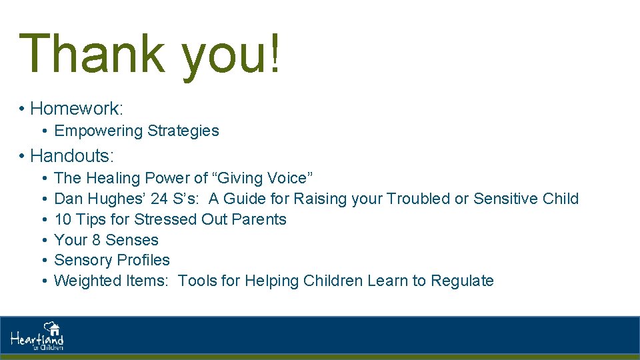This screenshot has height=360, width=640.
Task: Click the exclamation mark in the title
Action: coord(273,53)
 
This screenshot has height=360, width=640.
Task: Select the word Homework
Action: coord(75,108)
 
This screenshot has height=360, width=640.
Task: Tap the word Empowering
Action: coord(99,131)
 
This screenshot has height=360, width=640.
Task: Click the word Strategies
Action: coord(183,131)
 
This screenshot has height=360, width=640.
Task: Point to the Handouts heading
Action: coord(72,156)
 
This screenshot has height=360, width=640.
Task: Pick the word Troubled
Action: coord(418,199)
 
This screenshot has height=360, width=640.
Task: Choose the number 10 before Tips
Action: coord(63,219)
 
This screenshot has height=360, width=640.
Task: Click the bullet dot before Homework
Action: coord(22,109)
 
